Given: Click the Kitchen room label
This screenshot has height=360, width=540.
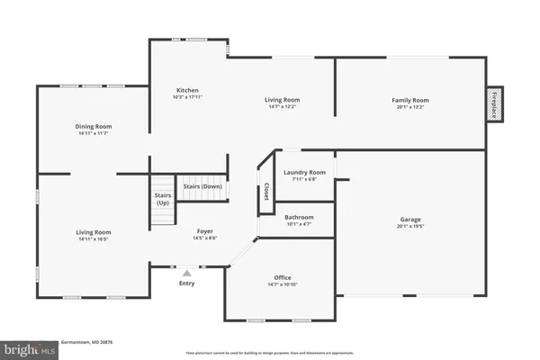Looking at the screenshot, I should (x=187, y=91).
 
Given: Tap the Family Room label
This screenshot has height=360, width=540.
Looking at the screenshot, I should (x=409, y=100).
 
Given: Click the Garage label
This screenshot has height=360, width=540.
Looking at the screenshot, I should (x=410, y=220).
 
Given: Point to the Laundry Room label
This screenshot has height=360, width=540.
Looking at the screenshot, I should (x=304, y=172).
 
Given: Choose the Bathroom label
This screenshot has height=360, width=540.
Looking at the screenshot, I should (x=299, y=217).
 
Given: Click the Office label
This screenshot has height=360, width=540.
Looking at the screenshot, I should (x=282, y=277).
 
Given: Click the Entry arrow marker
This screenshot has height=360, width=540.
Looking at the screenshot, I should (x=186, y=272).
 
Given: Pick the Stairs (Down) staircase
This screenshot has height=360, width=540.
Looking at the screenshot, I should (x=202, y=186).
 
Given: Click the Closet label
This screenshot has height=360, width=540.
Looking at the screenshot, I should (x=266, y=191).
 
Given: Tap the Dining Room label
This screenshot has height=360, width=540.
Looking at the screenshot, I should (x=92, y=127).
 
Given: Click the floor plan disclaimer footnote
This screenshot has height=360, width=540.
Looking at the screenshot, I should (x=271, y=353).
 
